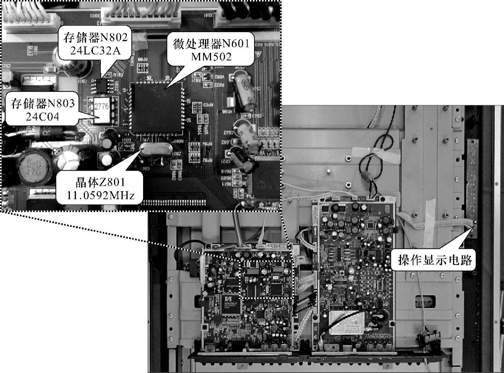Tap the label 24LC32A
[96, 50]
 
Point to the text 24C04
[43, 116]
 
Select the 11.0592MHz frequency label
[100, 196]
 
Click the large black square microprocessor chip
[155, 108]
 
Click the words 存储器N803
[43, 104]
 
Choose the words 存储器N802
[96, 38]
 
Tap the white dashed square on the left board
[267, 279]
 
